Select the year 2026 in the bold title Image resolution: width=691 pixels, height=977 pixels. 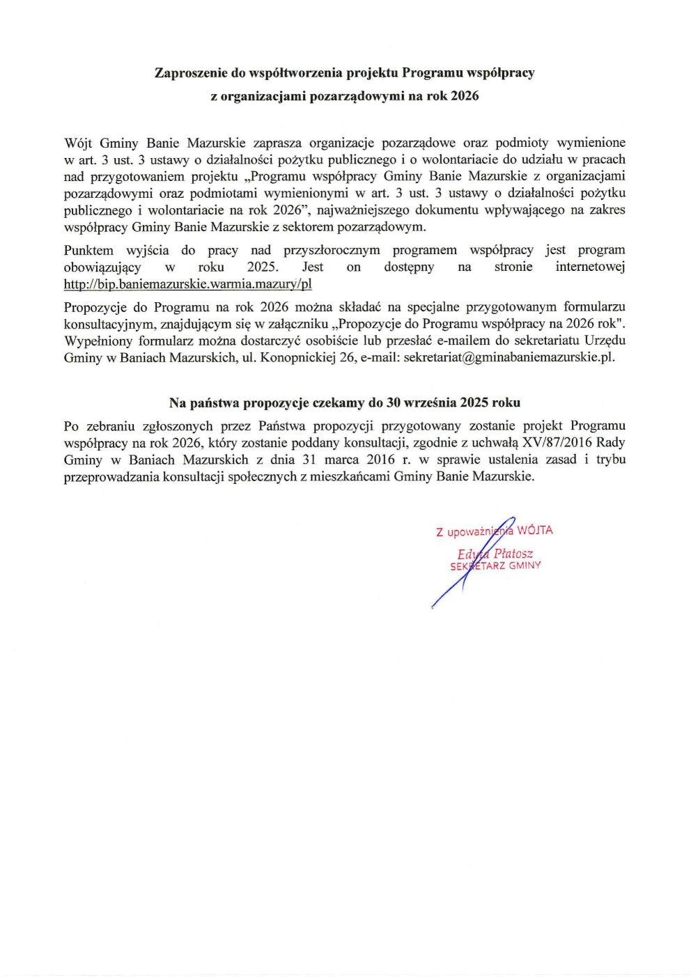(x=465, y=96)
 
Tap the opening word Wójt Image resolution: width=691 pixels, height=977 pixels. (x=78, y=143)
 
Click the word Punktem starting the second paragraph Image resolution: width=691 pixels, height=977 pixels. (x=88, y=250)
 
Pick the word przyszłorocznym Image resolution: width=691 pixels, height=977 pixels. (x=332, y=250)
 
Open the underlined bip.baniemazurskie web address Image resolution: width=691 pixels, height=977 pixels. (x=187, y=284)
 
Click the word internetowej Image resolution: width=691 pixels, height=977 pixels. (x=590, y=267)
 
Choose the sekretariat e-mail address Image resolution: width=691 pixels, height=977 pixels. (x=509, y=358)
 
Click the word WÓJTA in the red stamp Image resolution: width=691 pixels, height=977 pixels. (x=535, y=531)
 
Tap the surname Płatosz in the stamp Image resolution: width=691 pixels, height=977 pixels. (x=513, y=554)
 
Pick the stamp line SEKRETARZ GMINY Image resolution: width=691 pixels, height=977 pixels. (x=495, y=566)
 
